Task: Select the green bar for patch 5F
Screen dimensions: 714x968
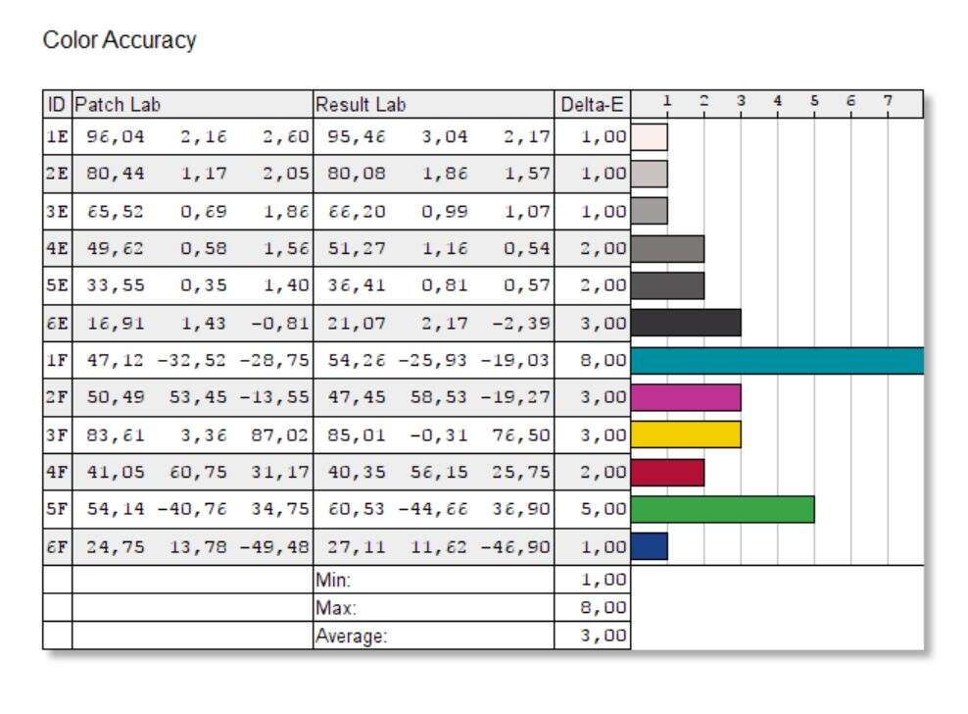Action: (x=723, y=510)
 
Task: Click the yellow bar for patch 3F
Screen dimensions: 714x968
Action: (x=686, y=435)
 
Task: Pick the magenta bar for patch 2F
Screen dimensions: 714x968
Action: (x=686, y=398)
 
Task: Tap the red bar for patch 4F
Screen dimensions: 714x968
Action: (x=668, y=473)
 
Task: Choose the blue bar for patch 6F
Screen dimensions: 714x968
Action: (x=650, y=547)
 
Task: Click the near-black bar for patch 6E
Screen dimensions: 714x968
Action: (x=686, y=324)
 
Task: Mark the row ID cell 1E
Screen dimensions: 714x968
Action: (x=57, y=136)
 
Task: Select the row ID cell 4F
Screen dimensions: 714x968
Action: (x=57, y=473)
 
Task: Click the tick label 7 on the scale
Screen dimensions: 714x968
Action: (x=887, y=100)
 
